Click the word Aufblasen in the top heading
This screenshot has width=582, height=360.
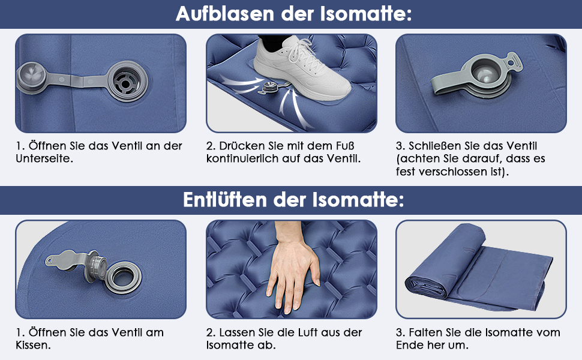coord(226,14)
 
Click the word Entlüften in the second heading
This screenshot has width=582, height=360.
coord(225,200)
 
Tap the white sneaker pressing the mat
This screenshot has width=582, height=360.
coord(302,68)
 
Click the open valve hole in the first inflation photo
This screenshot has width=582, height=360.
coord(125,82)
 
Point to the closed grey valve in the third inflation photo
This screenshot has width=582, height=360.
coord(479,77)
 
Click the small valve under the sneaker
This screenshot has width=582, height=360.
coord(269,88)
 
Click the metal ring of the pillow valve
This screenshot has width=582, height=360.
coord(123,277)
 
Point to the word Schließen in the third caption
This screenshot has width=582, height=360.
coord(436,146)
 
